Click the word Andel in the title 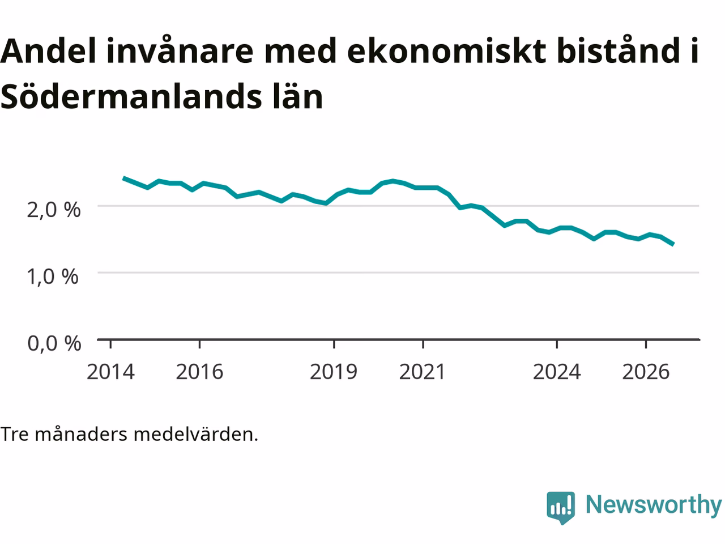48,51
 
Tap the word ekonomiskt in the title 446,51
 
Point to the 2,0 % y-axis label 53,210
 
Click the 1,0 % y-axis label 53,276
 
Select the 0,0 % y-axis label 54,343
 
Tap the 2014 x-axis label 110,372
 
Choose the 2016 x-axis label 199,372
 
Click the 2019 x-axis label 334,372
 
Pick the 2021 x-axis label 423,372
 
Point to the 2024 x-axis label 557,372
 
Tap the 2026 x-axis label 646,372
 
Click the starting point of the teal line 123,178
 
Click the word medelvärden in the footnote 195,434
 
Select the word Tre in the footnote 14,434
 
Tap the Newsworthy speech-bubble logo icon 561,508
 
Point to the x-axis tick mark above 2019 334,344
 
